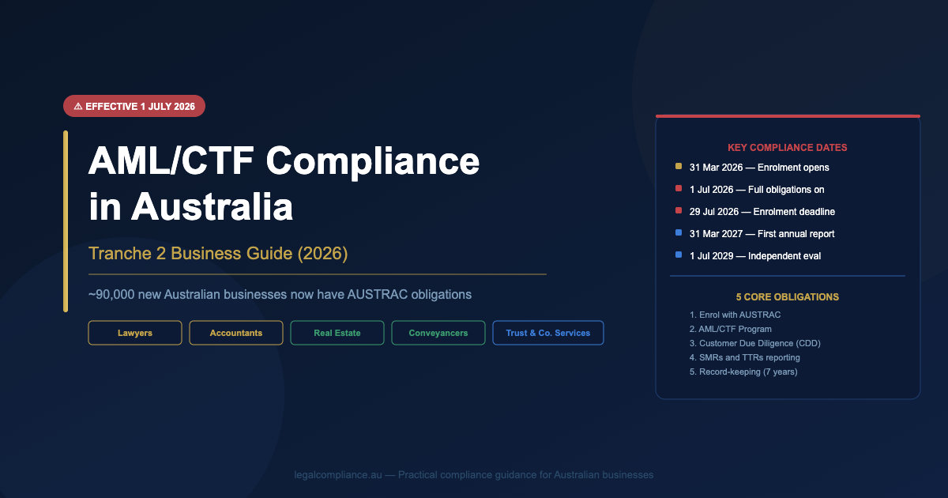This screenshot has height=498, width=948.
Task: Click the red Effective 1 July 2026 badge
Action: tap(134, 106)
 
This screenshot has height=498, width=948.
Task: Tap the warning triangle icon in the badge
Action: tap(78, 106)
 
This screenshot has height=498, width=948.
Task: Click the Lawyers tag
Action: tap(135, 333)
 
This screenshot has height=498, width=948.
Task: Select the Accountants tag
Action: tap(236, 333)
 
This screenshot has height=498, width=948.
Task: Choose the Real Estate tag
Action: tap(337, 333)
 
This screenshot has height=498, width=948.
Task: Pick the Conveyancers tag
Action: tap(438, 333)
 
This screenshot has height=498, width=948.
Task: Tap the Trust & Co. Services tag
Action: tap(548, 333)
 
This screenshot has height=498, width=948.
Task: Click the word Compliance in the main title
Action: tap(372, 162)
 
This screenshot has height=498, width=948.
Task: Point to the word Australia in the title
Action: tap(212, 206)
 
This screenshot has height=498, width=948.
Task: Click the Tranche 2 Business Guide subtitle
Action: tap(218, 253)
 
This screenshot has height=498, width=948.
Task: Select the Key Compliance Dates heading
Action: tap(787, 148)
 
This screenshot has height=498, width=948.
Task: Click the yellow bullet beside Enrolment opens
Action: tap(679, 167)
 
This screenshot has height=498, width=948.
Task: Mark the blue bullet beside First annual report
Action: tap(679, 232)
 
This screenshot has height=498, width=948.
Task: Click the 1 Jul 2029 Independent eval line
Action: tap(755, 256)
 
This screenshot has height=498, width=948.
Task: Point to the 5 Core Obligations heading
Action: tap(787, 297)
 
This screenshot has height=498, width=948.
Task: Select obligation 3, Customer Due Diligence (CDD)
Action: tap(755, 343)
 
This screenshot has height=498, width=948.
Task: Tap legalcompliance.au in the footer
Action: tap(338, 475)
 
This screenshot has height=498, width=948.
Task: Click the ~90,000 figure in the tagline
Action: tap(111, 294)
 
